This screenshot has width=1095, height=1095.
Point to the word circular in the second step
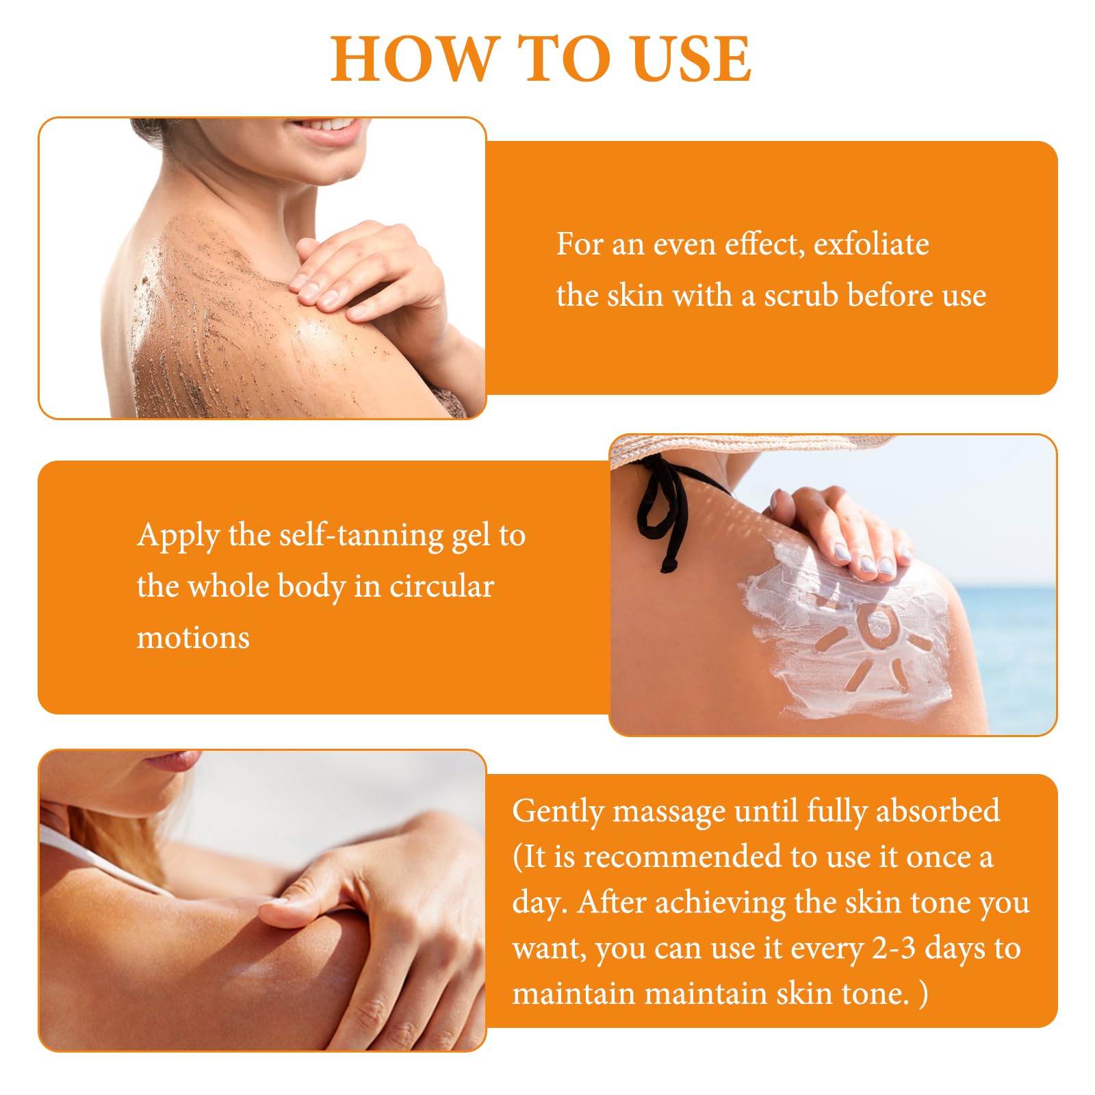click(x=441, y=586)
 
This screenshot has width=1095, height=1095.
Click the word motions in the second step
click(x=193, y=638)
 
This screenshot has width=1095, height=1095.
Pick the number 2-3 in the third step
click(x=894, y=948)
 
